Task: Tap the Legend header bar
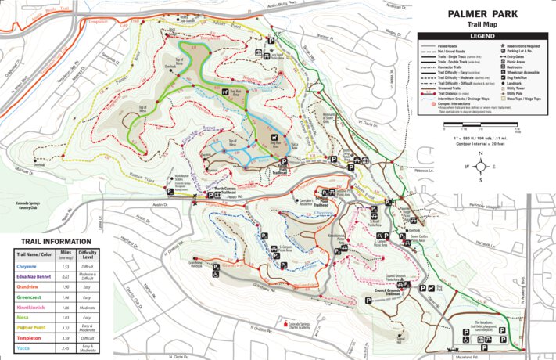pos(486,36)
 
